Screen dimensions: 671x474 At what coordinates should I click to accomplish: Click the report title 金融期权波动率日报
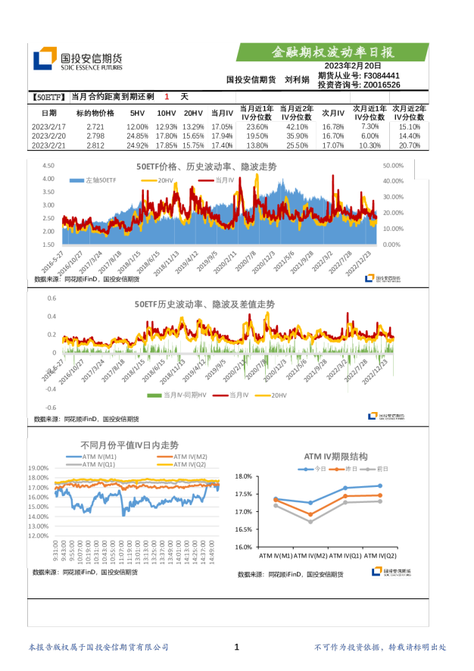(x=333, y=52)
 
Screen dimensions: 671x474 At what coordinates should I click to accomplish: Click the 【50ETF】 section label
(x=51, y=97)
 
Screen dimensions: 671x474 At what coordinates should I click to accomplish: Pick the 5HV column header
(x=137, y=113)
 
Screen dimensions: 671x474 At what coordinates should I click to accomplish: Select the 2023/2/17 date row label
(x=49, y=126)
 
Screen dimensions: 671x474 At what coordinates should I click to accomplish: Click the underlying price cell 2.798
(x=95, y=136)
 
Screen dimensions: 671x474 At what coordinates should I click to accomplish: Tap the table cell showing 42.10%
(x=297, y=126)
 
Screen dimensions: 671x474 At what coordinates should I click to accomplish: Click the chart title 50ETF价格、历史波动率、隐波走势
(x=206, y=166)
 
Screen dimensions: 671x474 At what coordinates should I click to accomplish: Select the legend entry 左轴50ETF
(x=95, y=180)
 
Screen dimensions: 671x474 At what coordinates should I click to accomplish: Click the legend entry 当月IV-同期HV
(x=179, y=395)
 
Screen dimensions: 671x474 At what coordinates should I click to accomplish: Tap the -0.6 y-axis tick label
(x=51, y=407)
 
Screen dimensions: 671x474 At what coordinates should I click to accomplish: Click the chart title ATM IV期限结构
(x=335, y=457)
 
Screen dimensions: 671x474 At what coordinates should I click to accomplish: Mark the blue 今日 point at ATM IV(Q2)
(x=379, y=485)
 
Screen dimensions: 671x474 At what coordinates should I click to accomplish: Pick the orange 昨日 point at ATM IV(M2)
(x=310, y=514)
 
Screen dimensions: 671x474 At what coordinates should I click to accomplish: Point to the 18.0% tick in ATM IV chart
(x=243, y=476)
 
